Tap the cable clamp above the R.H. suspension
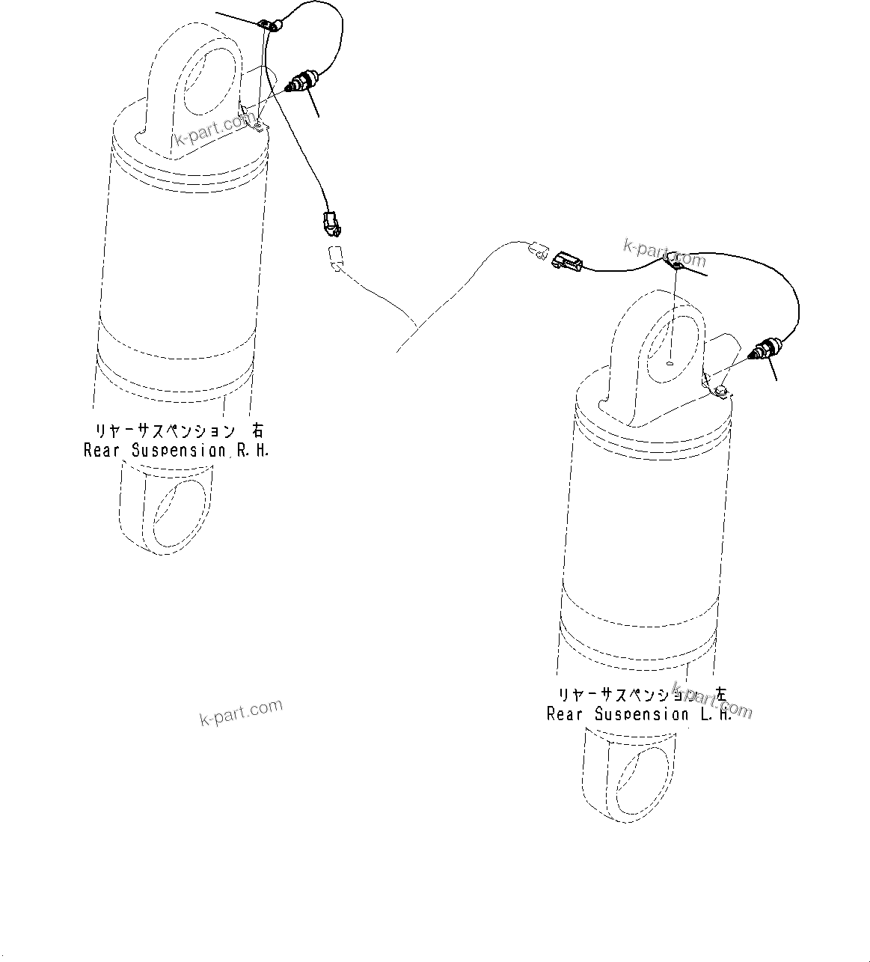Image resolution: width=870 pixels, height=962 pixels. (x=271, y=26)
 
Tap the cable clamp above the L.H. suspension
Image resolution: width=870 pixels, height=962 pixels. (x=676, y=263)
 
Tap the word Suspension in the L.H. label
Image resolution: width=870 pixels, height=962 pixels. (x=641, y=714)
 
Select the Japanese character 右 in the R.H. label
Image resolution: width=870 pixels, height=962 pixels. (x=257, y=431)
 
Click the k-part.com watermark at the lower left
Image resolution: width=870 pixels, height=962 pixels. (x=241, y=713)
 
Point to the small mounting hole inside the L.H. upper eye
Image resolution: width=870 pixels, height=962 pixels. (x=670, y=364)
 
